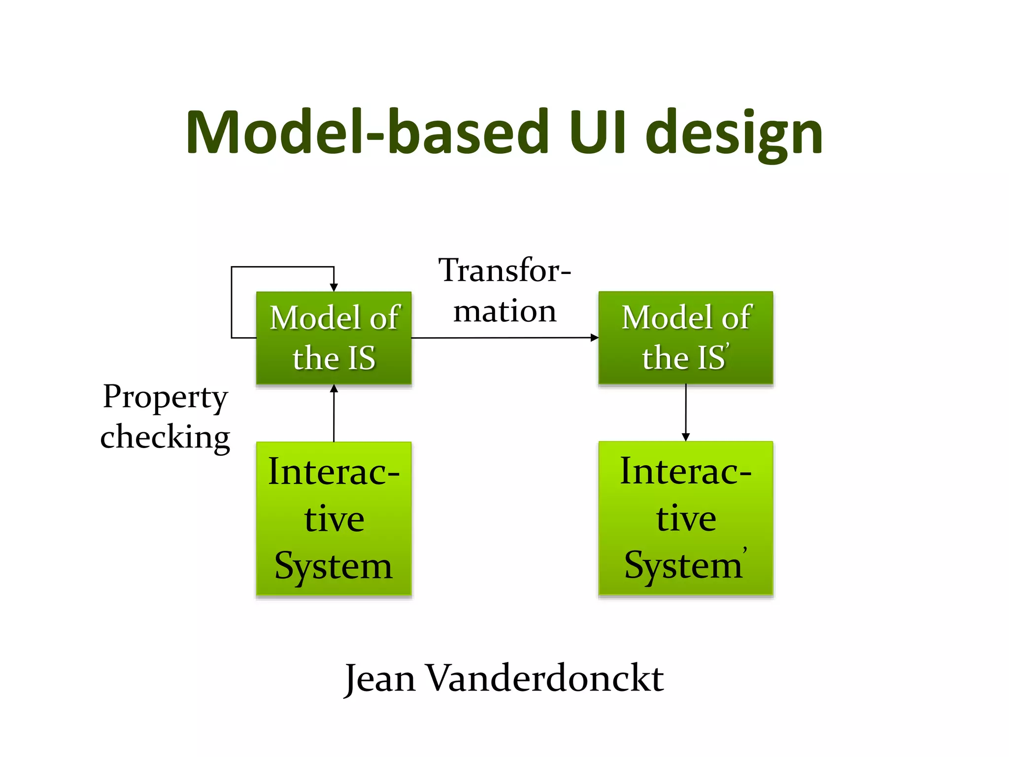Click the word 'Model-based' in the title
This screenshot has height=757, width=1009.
[367, 132]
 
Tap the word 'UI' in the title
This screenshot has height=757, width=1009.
[597, 132]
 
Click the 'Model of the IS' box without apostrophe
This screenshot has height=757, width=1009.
[334, 338]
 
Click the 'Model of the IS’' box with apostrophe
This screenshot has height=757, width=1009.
[685, 338]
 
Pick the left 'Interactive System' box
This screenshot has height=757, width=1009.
[334, 518]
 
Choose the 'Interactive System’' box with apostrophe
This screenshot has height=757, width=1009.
[685, 518]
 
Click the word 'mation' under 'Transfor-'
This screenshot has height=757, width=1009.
[504, 311]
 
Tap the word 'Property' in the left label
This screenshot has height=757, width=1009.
[165, 397]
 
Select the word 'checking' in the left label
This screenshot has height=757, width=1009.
[165, 437]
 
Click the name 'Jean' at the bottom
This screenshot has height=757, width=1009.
[379, 679]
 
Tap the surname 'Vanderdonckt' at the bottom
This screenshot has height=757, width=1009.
[544, 678]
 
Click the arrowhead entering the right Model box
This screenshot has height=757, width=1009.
[595, 338]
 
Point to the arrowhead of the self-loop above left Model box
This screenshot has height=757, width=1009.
[334, 288]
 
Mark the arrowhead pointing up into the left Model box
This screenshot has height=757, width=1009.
[334, 388]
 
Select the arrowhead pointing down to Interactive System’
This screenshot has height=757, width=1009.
[685, 437]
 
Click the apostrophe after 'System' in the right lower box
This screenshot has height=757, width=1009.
[745, 549]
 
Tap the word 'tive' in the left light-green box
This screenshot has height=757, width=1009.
[334, 518]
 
